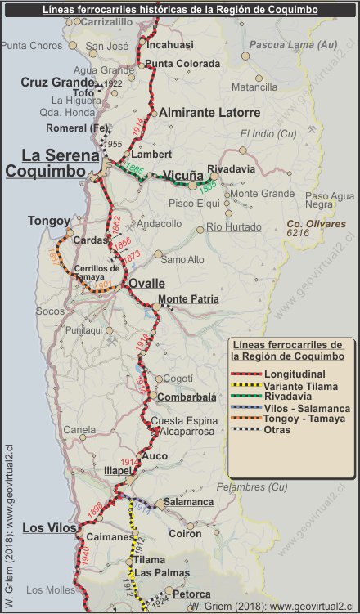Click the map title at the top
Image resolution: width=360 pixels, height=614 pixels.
click(180, 9)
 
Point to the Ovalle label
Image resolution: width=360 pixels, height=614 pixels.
click(147, 284)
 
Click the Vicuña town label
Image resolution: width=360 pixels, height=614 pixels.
click(182, 175)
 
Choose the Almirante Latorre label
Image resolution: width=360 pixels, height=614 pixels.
click(210, 112)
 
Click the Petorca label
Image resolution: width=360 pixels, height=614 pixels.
click(191, 594)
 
